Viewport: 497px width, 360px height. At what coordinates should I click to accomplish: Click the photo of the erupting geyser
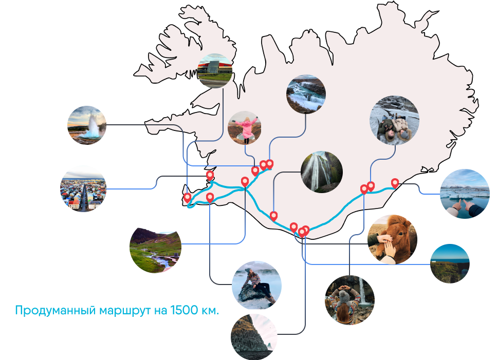point(87,125)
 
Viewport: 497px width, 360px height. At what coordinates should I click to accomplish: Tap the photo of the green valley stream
point(155,250)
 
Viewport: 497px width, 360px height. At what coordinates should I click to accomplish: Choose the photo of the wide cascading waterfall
point(306,93)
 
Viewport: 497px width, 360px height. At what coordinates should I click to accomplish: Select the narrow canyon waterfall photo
point(321,172)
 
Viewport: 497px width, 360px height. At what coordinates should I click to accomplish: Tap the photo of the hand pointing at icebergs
point(465,194)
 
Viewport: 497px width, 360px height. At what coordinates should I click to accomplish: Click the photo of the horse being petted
point(393,239)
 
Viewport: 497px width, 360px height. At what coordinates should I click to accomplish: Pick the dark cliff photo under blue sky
point(450,263)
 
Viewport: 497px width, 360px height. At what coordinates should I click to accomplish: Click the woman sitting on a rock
point(257,285)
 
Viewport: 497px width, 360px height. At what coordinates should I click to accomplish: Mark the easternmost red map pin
point(395,182)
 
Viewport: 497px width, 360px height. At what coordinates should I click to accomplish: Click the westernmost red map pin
point(188,197)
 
